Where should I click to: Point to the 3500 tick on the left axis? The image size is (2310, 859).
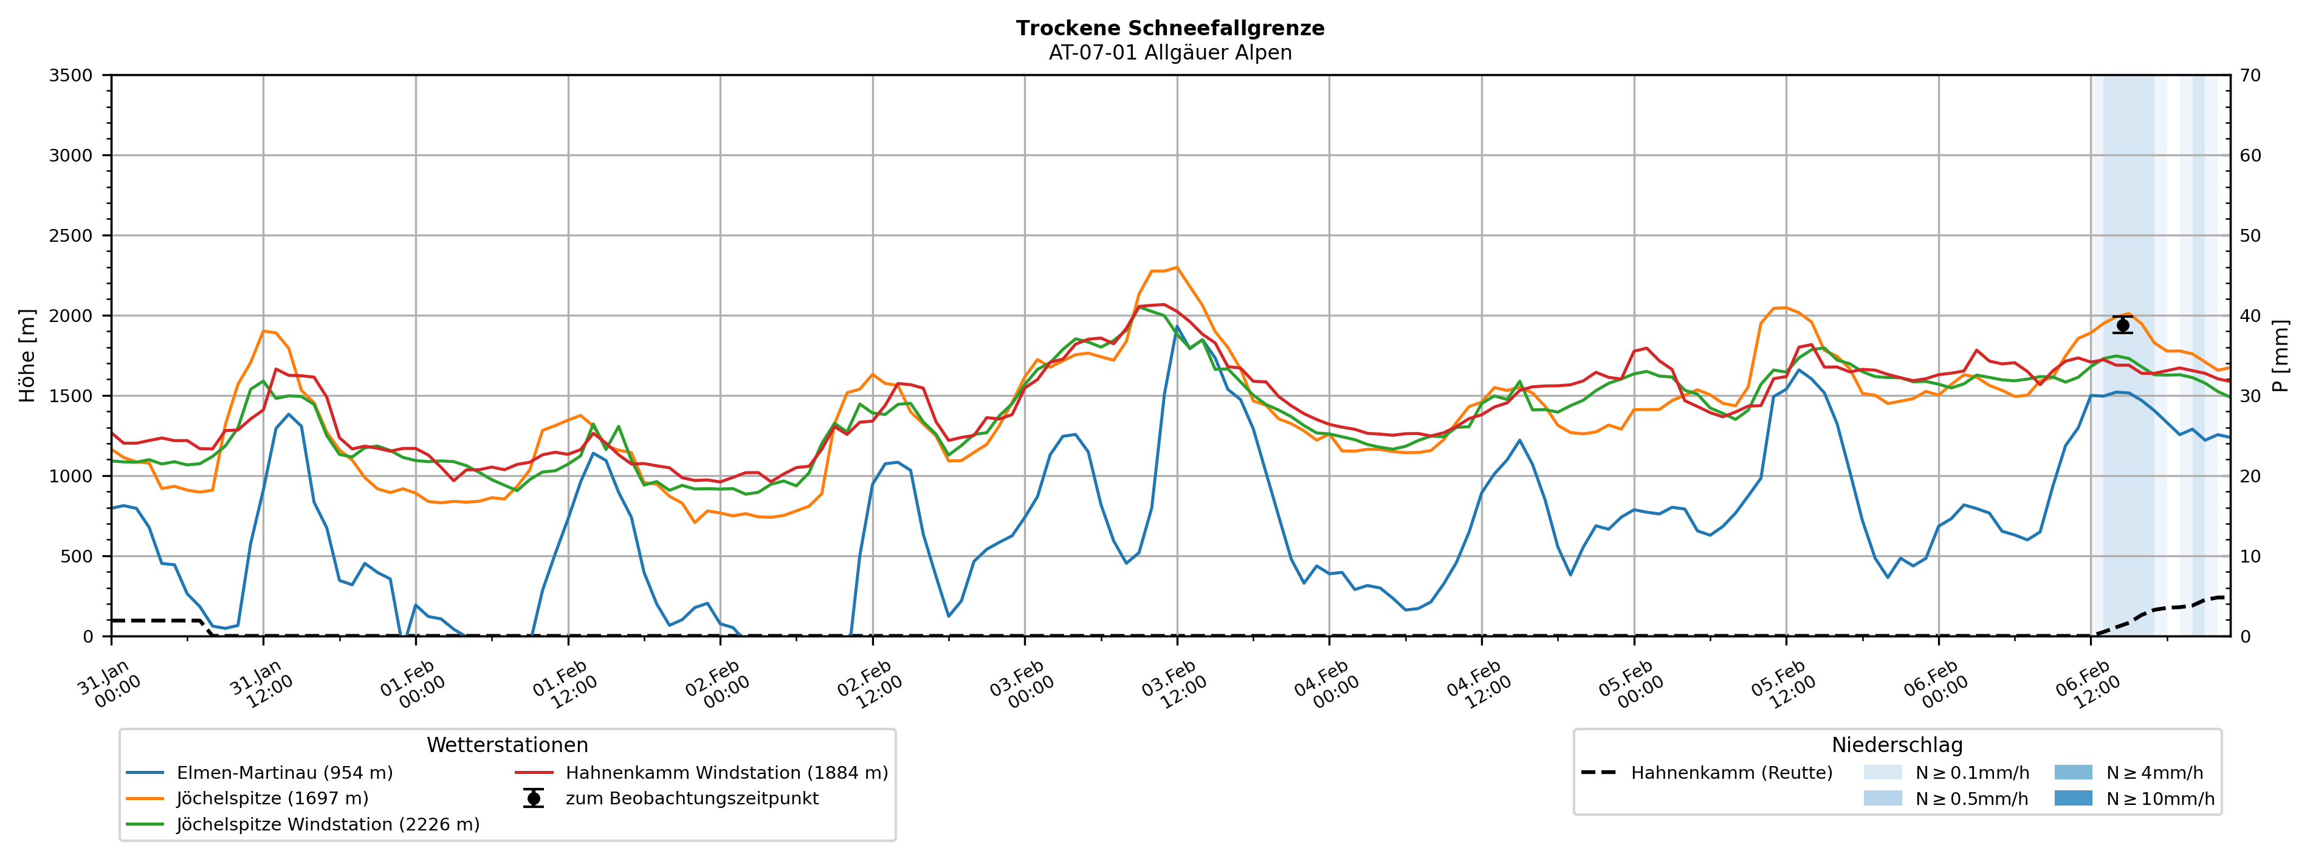coord(71,75)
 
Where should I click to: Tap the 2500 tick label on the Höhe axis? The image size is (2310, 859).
coord(71,236)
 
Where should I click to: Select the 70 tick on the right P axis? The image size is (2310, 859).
coord(2250,75)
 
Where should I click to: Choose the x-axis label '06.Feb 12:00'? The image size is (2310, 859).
coord(2088,685)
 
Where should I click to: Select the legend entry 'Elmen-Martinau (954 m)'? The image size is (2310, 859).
coord(284,773)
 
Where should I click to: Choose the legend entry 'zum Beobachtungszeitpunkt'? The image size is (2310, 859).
coord(692,799)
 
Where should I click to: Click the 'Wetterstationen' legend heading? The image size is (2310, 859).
coord(507,745)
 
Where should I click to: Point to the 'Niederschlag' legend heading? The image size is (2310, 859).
coord(1897,745)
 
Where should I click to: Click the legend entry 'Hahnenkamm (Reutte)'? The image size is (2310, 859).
coord(1731,773)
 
